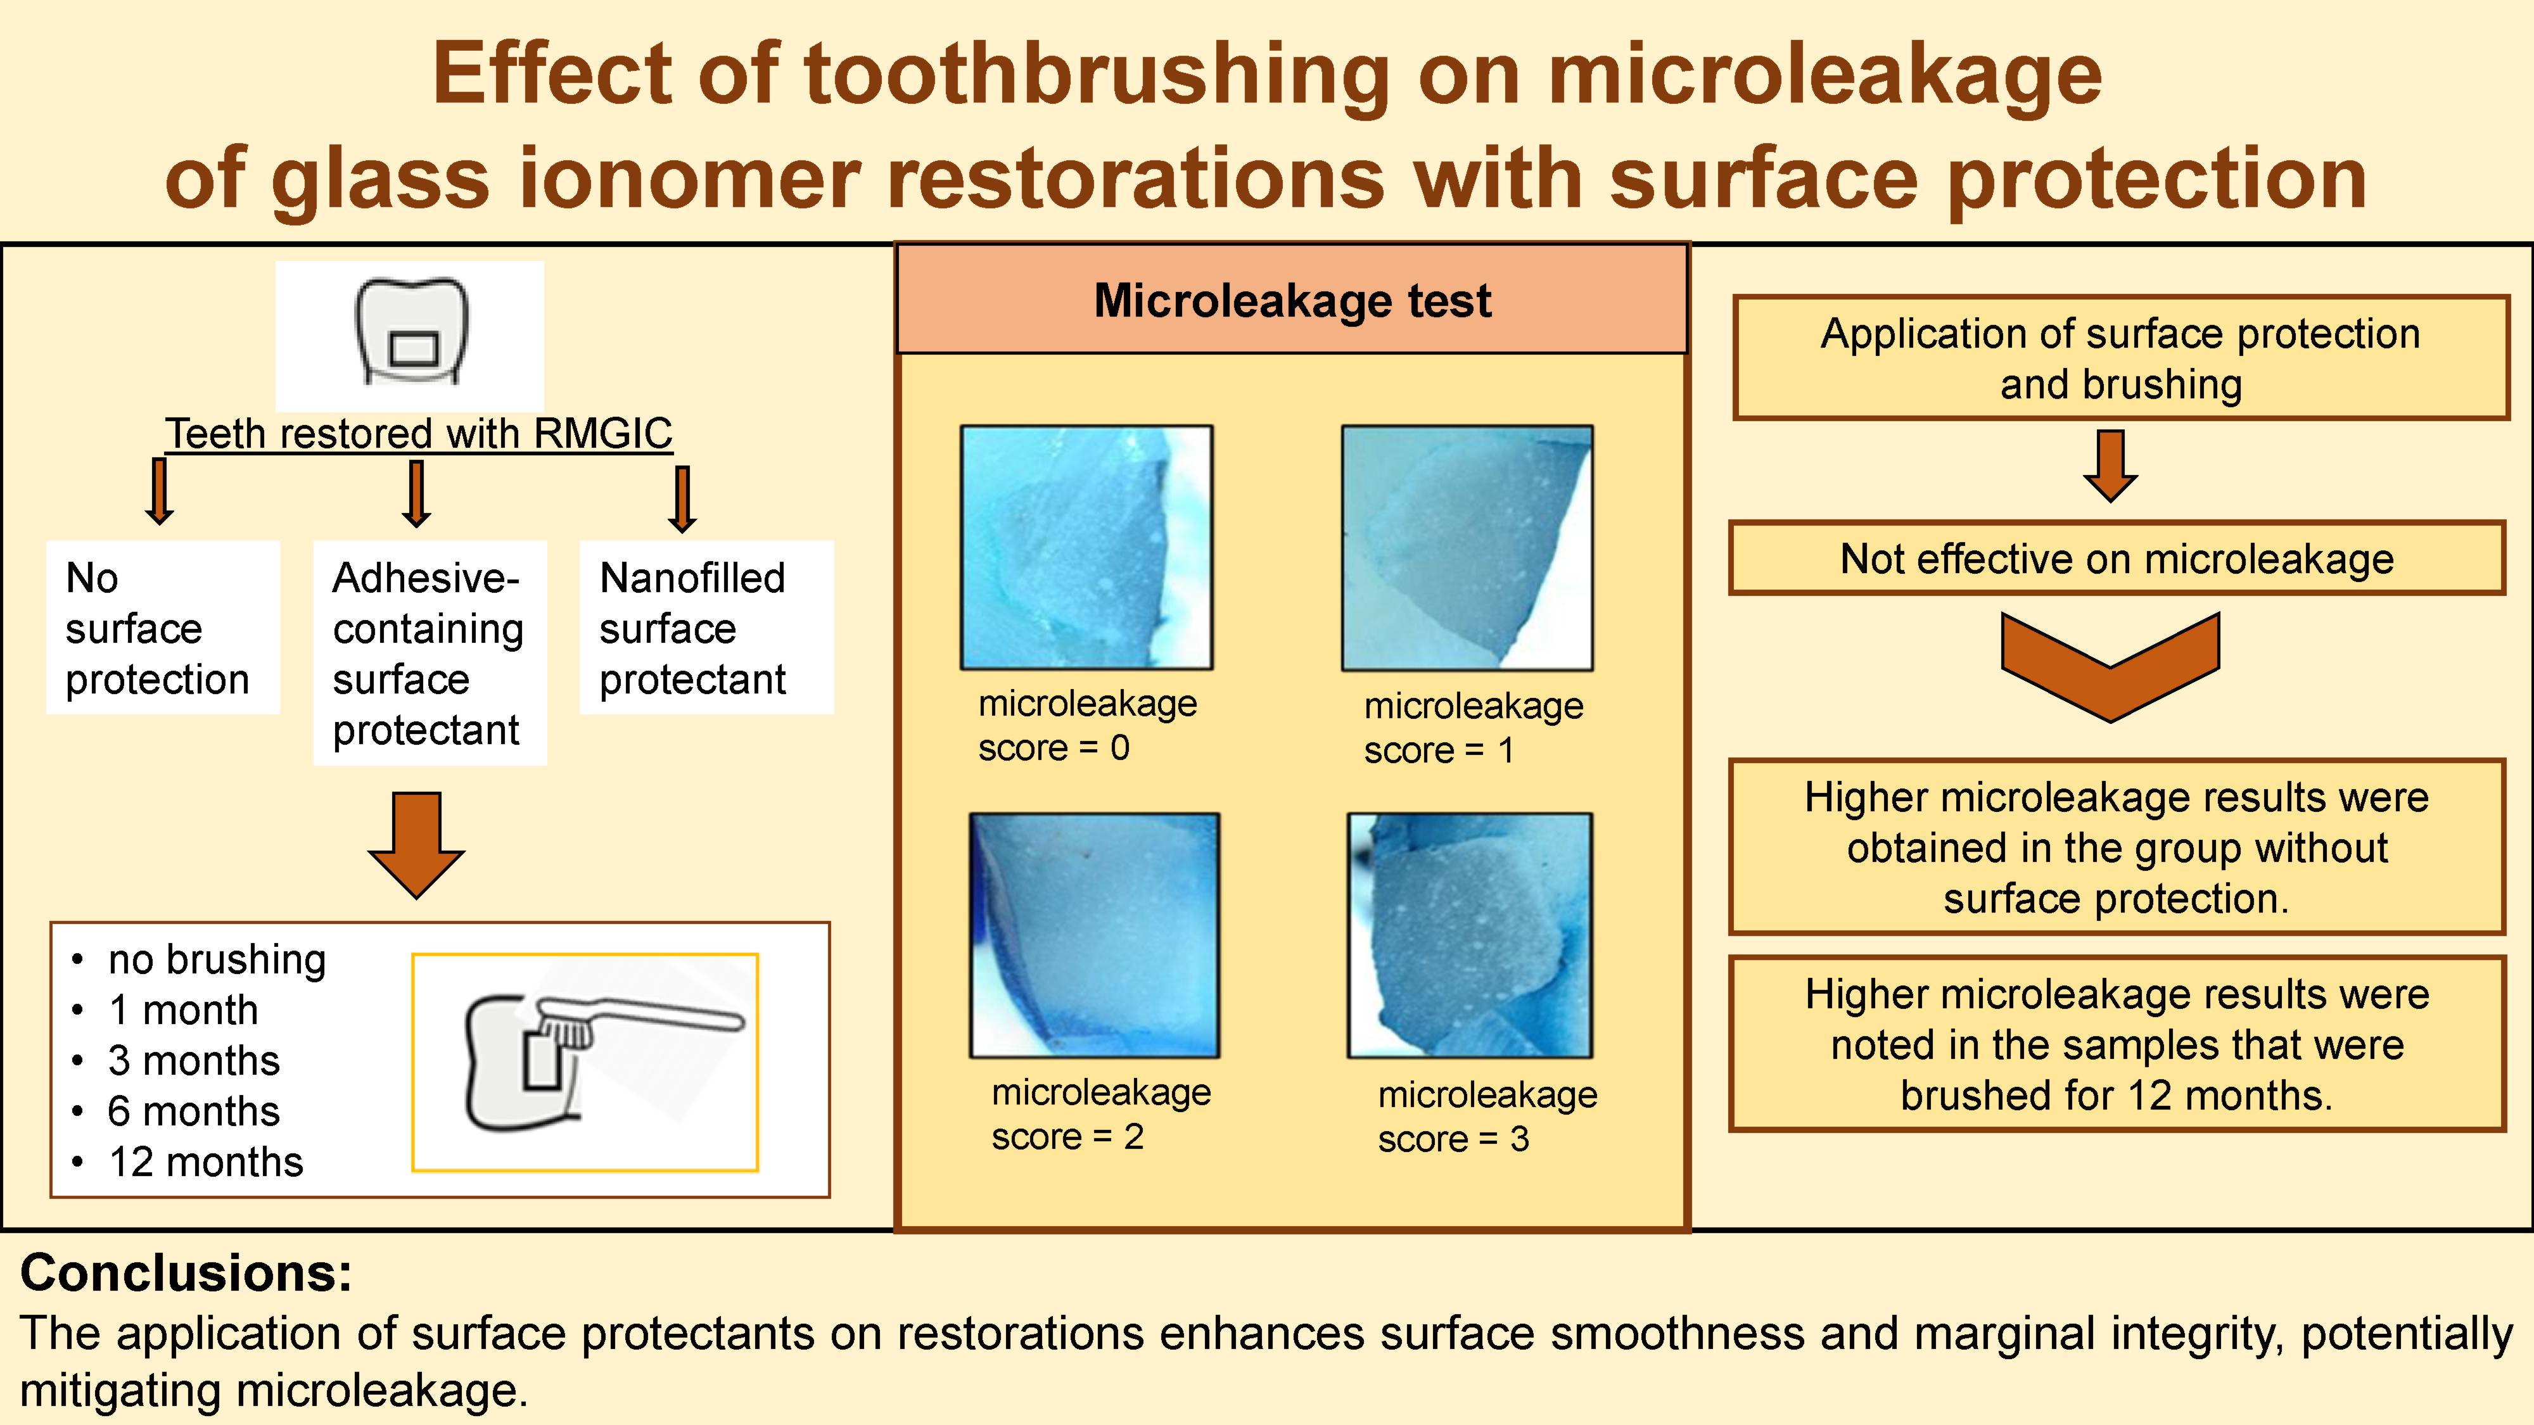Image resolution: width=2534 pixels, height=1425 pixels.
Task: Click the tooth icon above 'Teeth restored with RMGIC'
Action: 411,334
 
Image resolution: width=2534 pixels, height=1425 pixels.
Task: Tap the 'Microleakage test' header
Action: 1292,301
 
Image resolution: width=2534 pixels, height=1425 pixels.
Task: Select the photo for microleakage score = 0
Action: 1086,548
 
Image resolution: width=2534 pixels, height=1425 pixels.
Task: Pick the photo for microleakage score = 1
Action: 1467,548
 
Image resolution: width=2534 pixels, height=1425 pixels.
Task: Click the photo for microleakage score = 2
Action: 1094,935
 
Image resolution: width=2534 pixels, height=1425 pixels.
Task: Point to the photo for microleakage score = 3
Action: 1470,935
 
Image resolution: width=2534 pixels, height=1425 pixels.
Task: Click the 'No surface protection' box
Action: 162,628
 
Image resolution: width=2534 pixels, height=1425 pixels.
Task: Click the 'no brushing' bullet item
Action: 217,959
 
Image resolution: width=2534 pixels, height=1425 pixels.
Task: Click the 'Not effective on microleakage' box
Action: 2117,559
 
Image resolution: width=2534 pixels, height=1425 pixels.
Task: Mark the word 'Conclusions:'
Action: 186,1272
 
